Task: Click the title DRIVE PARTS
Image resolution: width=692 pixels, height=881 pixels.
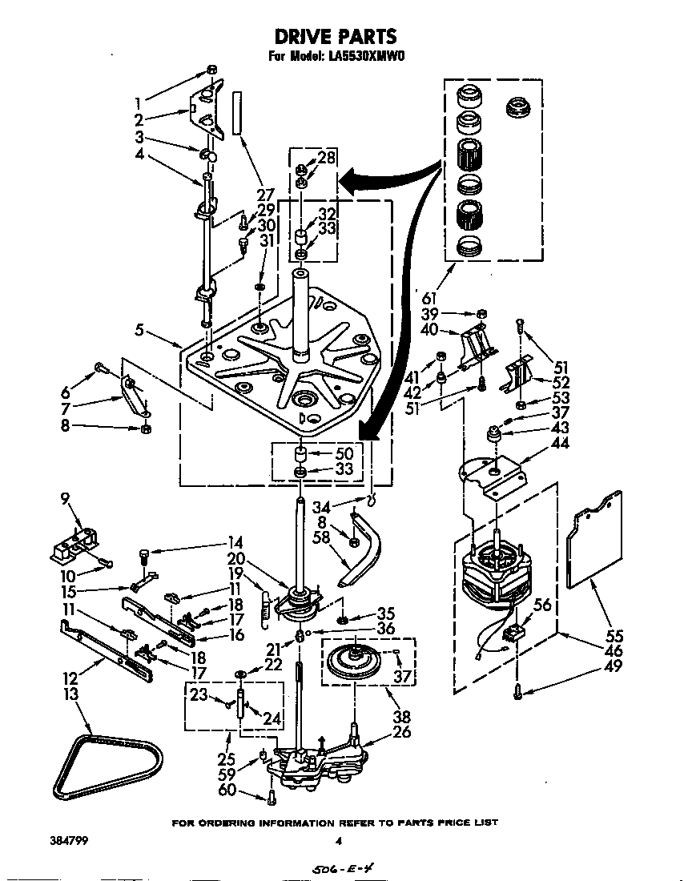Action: tap(336, 36)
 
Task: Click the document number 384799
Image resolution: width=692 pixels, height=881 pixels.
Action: tap(50, 841)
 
